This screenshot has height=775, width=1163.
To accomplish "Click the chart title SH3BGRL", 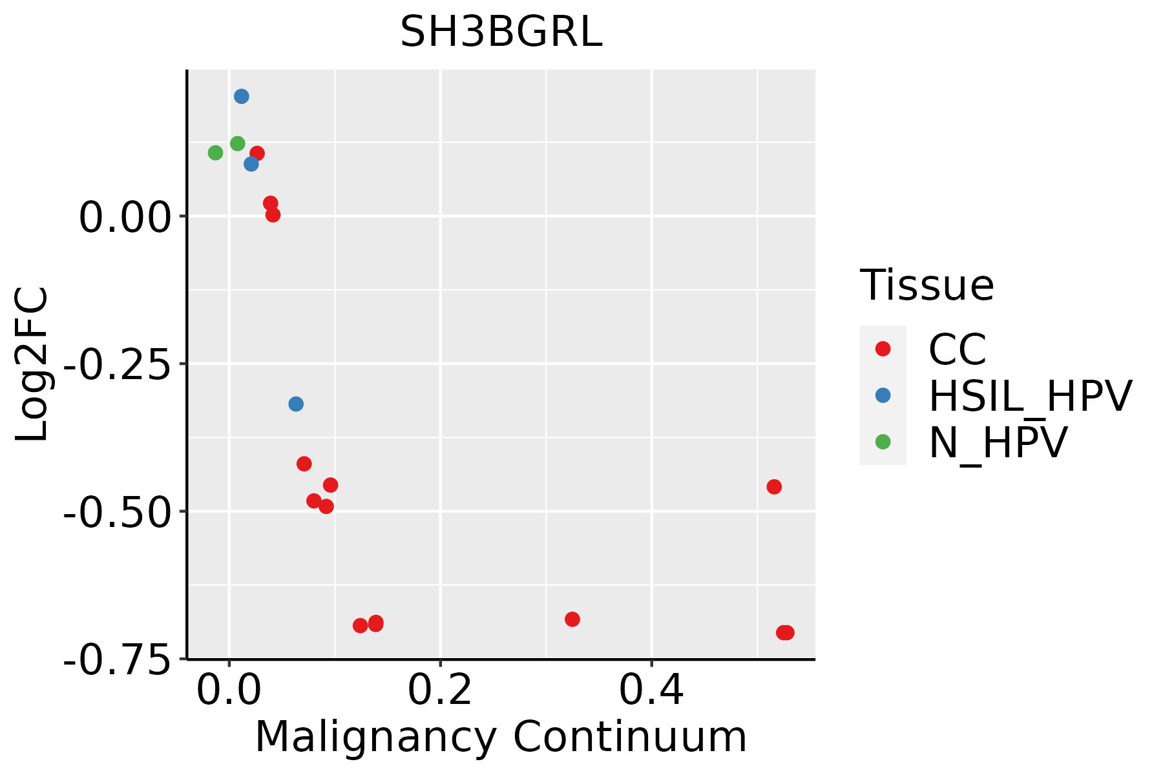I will [x=501, y=32].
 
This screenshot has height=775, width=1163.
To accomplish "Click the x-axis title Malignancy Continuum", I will [x=501, y=737].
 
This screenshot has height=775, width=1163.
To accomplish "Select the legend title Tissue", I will [x=927, y=285].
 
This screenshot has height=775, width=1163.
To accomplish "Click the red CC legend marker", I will [x=883, y=349].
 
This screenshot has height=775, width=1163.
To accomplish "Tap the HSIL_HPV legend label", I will [x=1030, y=395].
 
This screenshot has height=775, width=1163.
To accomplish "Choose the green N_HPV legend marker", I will [x=883, y=442].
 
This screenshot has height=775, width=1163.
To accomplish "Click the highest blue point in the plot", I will [x=242, y=96].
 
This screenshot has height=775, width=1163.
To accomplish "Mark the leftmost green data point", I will [x=215, y=153].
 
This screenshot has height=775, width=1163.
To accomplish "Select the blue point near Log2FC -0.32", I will [x=296, y=404].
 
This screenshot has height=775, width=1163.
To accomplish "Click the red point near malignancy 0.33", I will [x=572, y=619].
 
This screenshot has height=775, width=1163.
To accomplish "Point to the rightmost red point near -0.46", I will [x=774, y=487].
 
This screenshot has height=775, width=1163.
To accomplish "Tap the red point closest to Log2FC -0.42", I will [x=304, y=464].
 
